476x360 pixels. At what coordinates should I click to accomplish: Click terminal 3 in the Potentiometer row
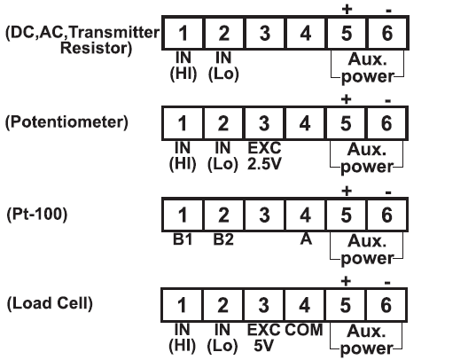click(x=264, y=123)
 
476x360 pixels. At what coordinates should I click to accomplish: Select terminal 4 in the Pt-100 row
click(x=306, y=215)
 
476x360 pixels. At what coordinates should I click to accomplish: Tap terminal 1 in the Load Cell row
click(x=182, y=305)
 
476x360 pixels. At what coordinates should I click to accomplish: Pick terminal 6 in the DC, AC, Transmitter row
click(x=387, y=33)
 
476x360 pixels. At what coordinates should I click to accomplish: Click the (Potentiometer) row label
click(x=66, y=122)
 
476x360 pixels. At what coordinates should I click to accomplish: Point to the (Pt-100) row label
click(x=36, y=215)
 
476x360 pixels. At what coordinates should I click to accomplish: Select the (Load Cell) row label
click(x=50, y=303)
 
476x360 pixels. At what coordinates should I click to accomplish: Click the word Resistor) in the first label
click(x=97, y=48)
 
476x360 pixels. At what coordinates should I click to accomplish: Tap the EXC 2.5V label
click(x=264, y=156)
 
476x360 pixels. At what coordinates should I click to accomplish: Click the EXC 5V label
click(x=263, y=338)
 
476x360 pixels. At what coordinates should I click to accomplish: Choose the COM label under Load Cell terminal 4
click(x=303, y=330)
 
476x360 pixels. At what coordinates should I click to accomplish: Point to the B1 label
click(x=183, y=239)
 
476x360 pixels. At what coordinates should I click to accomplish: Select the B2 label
click(x=223, y=239)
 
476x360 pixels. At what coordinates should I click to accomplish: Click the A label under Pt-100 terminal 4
click(x=306, y=239)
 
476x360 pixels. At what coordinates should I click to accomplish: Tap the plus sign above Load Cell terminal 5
click(x=346, y=282)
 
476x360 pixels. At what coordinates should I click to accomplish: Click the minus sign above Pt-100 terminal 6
click(x=388, y=192)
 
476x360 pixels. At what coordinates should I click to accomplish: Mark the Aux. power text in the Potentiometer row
click(x=367, y=159)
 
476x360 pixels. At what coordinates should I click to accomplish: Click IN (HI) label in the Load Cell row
click(x=182, y=338)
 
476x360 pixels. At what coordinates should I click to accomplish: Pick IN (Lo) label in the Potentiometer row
click(x=222, y=156)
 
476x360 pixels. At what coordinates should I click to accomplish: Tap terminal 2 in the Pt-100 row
click(x=223, y=215)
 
